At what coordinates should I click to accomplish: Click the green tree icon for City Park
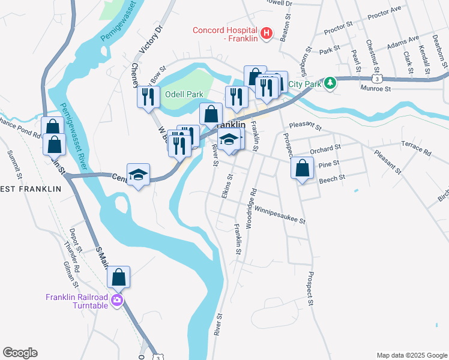[330, 83]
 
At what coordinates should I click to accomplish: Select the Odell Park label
[185, 95]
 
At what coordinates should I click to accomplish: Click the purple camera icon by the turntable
[116, 301]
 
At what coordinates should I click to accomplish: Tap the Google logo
[20, 353]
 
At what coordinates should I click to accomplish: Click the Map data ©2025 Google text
[412, 355]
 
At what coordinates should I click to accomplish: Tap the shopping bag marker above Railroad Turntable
[119, 277]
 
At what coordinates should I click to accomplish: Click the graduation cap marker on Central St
[138, 175]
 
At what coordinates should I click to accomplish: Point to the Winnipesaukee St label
[280, 215]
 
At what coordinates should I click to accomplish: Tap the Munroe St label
[376, 88]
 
